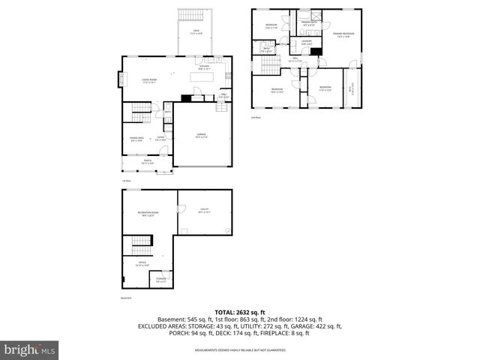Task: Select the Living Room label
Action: [148, 81]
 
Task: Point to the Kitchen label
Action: [203, 67]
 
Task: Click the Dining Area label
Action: [136, 139]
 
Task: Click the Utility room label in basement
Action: [203, 211]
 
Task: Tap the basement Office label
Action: [142, 264]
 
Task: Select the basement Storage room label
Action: [161, 280]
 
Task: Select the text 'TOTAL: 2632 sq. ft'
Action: [240, 312]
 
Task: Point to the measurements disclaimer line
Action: [240, 350]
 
